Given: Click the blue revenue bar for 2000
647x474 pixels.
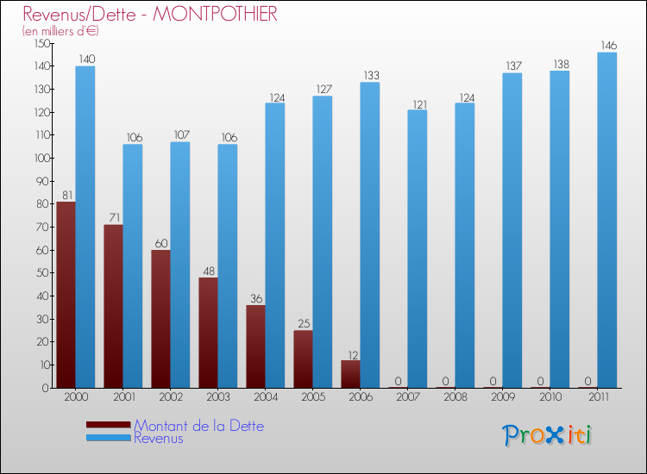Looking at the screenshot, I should pyautogui.click(x=85, y=227).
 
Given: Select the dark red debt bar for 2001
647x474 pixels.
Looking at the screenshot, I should pyautogui.click(x=113, y=306).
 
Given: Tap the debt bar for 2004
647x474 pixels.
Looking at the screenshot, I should pyautogui.click(x=255, y=346).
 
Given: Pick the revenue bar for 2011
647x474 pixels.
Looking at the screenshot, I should pyautogui.click(x=607, y=220).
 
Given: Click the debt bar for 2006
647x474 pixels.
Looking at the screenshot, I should pyautogui.click(x=350, y=374).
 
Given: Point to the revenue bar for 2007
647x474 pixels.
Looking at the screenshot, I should pyautogui.click(x=417, y=248).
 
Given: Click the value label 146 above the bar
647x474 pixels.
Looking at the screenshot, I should pyautogui.click(x=607, y=45).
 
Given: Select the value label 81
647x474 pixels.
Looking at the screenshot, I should pyautogui.click(x=66, y=195).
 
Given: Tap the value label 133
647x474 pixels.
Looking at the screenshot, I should pyautogui.click(x=370, y=75).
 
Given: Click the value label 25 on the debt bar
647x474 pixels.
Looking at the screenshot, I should pyautogui.click(x=303, y=324).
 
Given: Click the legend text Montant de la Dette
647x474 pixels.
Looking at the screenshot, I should pyautogui.click(x=198, y=426).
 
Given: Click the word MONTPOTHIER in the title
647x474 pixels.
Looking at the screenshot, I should pyautogui.click(x=215, y=15).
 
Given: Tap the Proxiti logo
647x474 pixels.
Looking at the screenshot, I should pyautogui.click(x=548, y=435).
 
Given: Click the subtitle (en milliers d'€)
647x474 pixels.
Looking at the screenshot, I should pyautogui.click(x=60, y=31).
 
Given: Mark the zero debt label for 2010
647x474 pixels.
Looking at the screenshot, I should pyautogui.click(x=540, y=381).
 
